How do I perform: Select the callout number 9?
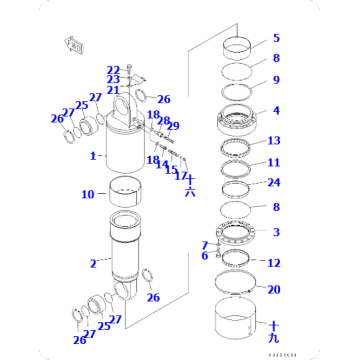coord(276,80)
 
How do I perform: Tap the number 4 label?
coord(276,110)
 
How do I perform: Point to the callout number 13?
coord(274,141)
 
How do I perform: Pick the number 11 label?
coord(274,162)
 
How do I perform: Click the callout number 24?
coord(274,183)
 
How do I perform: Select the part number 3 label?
coord(276,232)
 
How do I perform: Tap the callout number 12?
coord(274,263)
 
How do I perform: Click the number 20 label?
coord(274,289)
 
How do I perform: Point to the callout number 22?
coord(113,69)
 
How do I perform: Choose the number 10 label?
coord(87,194)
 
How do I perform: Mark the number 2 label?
coord(93,264)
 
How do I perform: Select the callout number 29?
coord(174,126)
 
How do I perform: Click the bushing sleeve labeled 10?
coord(131,190)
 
